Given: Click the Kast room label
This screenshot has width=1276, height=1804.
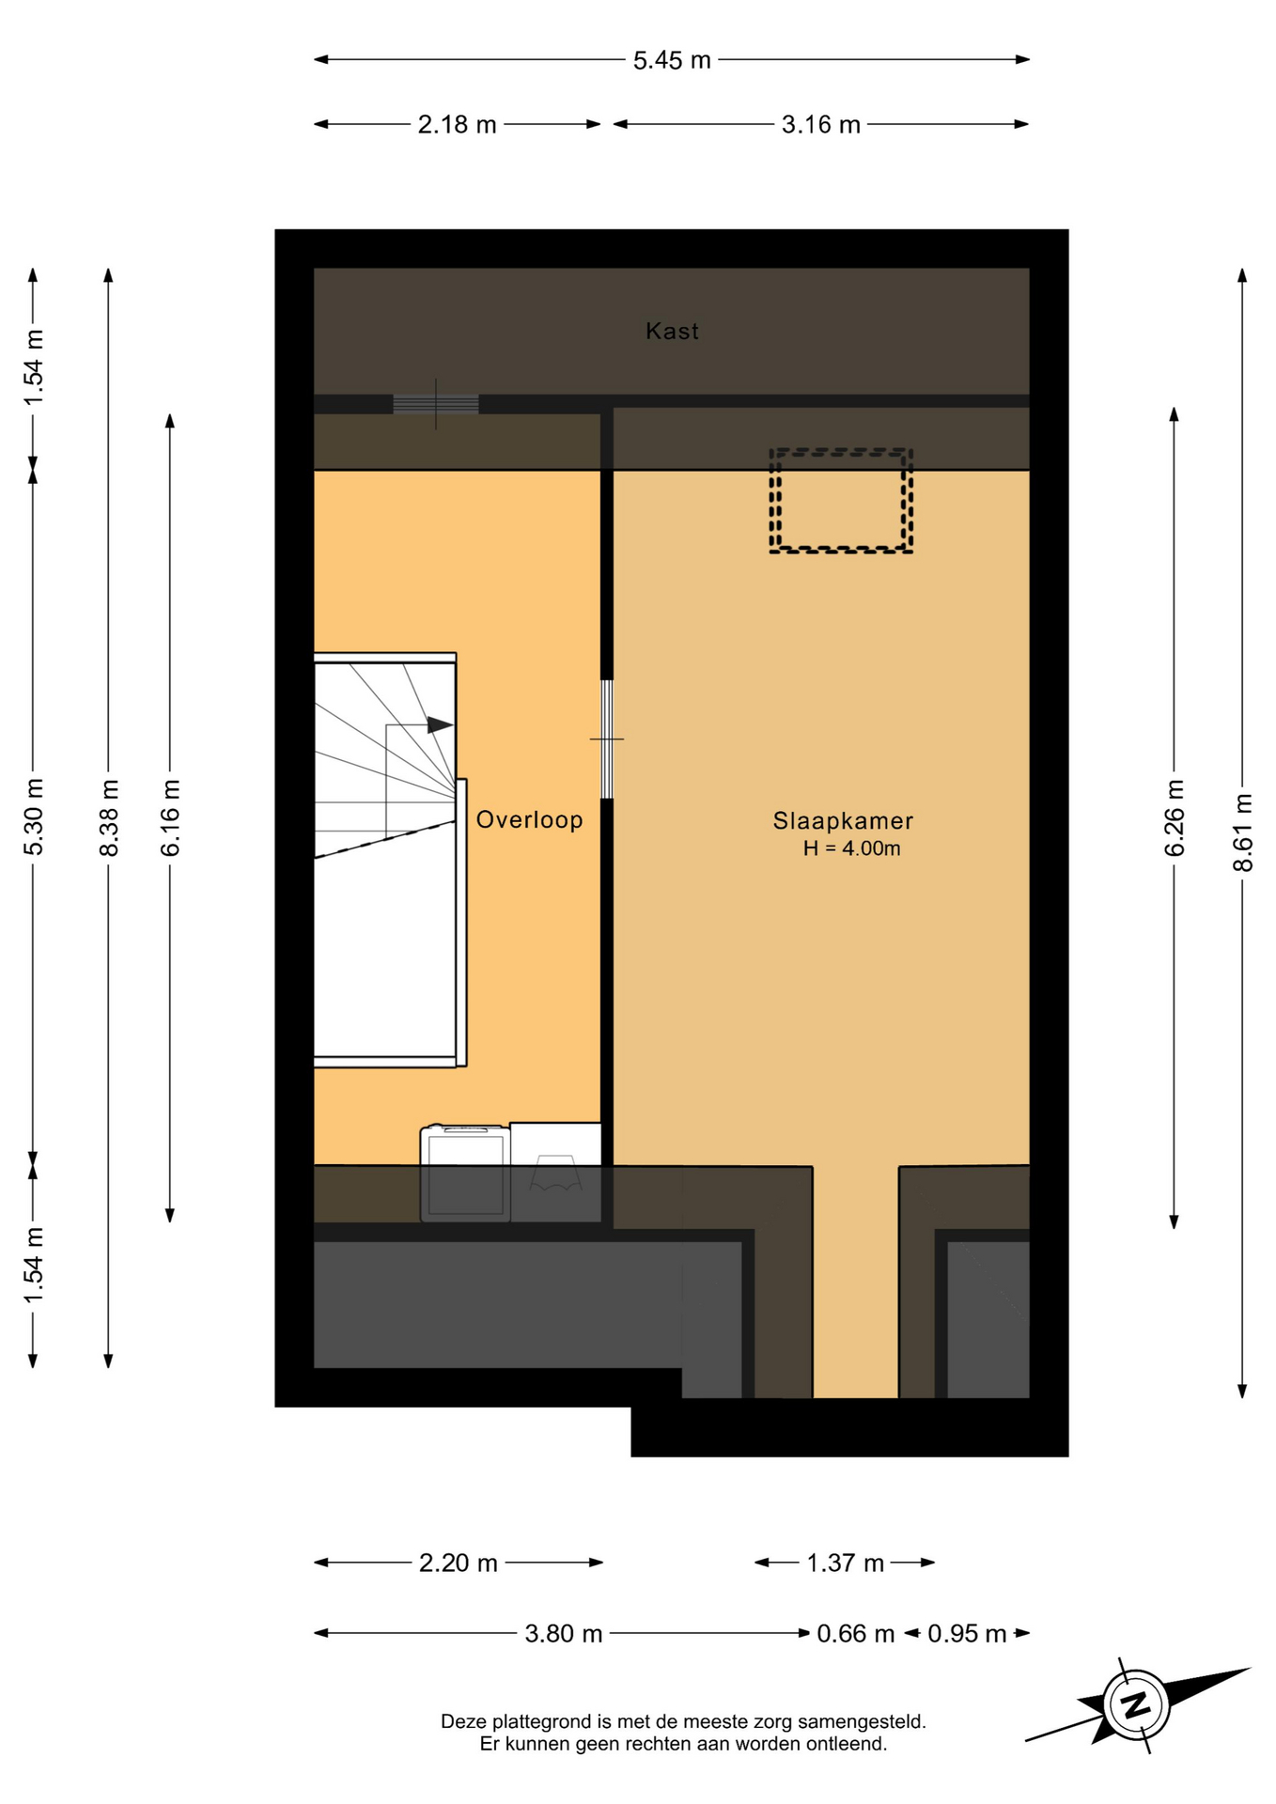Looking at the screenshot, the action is point(672,331).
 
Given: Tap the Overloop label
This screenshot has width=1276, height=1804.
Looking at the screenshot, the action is point(529,819).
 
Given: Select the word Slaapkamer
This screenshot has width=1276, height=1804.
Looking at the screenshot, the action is point(843,820).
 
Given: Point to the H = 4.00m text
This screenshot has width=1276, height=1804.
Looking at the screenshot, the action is point(851,848).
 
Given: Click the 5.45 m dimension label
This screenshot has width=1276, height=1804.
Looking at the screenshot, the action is point(672,60).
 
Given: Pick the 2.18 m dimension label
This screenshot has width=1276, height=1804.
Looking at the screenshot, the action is point(457,124).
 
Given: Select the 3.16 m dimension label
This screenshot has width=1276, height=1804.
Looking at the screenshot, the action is point(820,124).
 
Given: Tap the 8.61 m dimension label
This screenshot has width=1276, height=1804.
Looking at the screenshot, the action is point(1242,832).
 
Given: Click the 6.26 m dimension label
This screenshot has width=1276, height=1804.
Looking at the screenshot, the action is point(1174,817).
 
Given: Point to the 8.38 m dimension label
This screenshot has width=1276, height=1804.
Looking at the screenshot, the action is point(108,817).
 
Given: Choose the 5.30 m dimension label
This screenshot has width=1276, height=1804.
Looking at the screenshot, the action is point(33,817).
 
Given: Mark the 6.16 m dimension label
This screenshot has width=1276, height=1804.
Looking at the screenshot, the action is point(170,817).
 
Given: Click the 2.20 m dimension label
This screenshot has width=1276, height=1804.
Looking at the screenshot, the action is point(458,1563).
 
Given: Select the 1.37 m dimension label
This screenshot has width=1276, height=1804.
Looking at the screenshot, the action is point(845,1563).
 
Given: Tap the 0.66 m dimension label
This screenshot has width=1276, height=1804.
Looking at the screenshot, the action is point(855,1634).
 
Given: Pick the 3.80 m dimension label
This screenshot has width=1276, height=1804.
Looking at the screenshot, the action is point(563,1634).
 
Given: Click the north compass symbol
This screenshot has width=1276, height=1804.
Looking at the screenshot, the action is point(1137,1704).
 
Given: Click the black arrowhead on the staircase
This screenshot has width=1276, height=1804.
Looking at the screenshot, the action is point(440,725).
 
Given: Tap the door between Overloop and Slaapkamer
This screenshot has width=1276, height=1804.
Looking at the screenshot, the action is point(607,739).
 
